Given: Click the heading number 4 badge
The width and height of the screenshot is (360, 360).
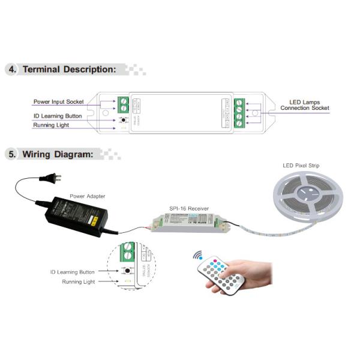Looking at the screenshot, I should tap(12, 69).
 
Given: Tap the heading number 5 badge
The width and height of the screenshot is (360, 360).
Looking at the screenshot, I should tap(12, 154).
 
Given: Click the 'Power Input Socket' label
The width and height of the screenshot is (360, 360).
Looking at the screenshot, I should tap(58, 102).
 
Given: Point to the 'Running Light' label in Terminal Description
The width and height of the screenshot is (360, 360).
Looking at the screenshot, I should tap(50, 125).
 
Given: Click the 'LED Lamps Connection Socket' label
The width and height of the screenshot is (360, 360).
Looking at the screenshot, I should tap(304, 105).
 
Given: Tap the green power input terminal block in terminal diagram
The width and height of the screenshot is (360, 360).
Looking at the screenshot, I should tap(124, 106).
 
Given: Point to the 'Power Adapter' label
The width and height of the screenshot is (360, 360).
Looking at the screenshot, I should tap(87, 196).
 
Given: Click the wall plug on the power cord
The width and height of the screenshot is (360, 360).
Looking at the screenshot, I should tap(51, 178).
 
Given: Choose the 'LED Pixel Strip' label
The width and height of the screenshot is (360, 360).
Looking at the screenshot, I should tap(302, 166).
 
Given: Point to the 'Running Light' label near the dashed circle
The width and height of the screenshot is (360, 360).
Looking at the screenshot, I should tap(79, 281).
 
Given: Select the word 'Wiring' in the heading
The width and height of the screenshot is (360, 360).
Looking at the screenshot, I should tap(39, 154).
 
